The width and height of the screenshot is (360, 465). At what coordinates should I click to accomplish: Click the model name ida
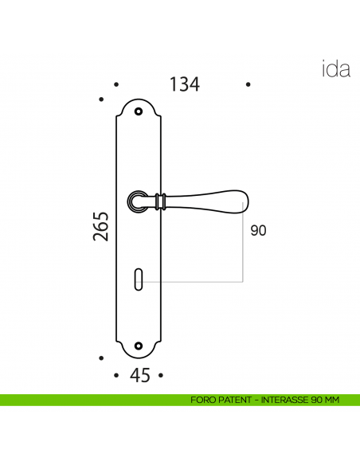tap(335, 69)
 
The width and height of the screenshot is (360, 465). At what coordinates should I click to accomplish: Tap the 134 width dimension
tap(183, 84)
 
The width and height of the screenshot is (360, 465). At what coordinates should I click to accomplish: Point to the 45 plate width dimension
tap(139, 376)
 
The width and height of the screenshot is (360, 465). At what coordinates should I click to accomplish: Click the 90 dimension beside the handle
tap(258, 231)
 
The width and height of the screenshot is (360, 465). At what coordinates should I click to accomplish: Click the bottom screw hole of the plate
tap(140, 346)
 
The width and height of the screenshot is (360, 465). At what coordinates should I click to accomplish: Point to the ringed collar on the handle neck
tap(162, 202)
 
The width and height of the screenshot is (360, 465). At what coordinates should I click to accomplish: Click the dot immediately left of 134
tap(116, 84)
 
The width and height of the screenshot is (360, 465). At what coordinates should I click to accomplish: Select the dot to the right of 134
tap(248, 84)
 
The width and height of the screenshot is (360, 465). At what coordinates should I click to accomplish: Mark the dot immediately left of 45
tap(116, 374)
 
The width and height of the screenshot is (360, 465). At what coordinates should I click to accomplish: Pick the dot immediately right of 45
tap(160, 374)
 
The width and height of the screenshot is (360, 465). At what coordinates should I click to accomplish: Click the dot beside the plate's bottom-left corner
tap(101, 359)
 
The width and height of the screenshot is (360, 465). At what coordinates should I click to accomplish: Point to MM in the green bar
tap(332, 400)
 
